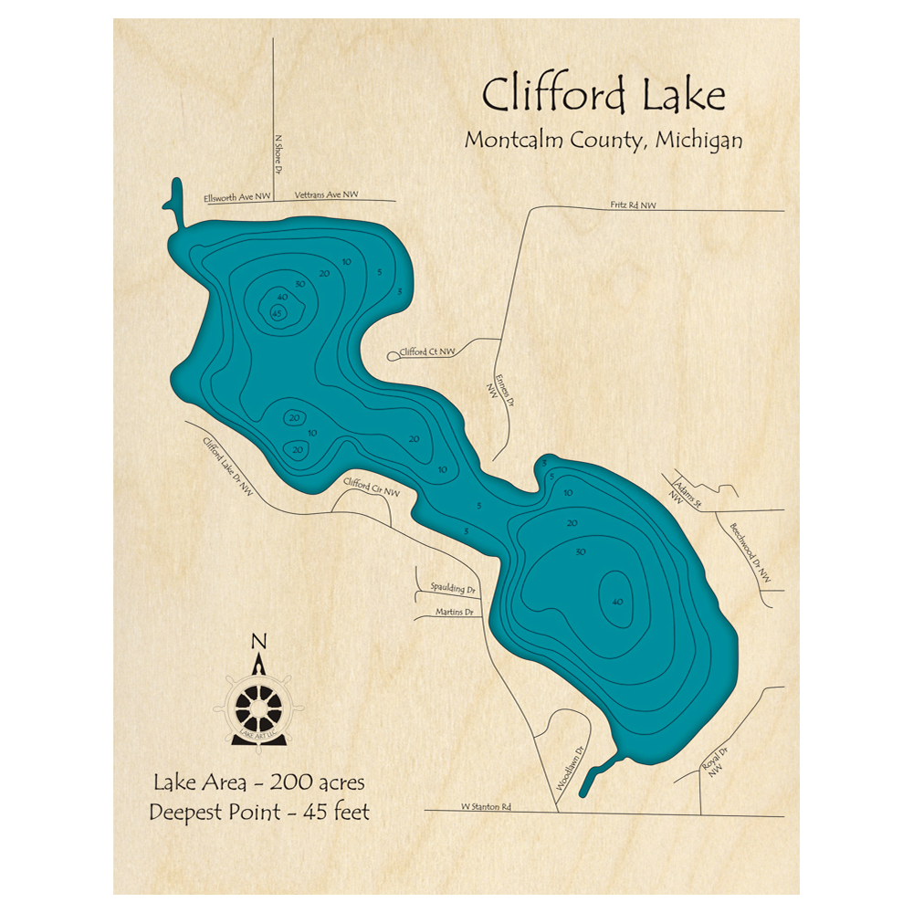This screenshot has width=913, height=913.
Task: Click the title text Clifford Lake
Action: coord(603,95)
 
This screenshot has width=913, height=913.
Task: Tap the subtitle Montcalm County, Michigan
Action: coord(603,141)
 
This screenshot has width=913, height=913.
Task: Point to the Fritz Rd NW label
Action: coord(634,206)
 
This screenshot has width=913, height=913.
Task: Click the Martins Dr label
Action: coord(454,612)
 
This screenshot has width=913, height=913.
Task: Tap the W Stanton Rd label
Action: coord(487,806)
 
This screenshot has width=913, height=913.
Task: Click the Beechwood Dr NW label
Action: coord(750,554)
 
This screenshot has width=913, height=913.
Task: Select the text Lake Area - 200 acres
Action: coord(259,782)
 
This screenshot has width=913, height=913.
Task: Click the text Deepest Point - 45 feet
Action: coord(259,812)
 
